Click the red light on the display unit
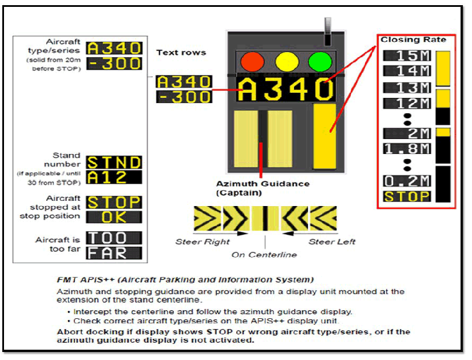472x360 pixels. coord(252,62)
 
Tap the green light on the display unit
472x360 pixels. coord(320,62)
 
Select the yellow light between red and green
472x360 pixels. coord(287,62)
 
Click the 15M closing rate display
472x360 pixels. coord(407,56)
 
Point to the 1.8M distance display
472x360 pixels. coord(407,149)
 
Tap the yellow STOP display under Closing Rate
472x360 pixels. coord(407,196)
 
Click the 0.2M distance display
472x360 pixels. coord(407,181)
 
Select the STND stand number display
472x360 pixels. coord(114,163)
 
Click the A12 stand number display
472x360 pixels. coord(114,177)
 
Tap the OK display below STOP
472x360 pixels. coord(114,217)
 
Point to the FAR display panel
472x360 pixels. coord(114,253)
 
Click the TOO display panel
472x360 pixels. coord(114,238)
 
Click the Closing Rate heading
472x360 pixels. coord(413,39)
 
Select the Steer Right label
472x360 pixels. coord(203,242)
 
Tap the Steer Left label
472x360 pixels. coord(332,242)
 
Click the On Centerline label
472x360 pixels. coord(264,255)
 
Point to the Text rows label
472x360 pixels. coord(181,53)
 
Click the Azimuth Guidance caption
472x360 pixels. coord(263,188)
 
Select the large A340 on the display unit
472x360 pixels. coord(285,89)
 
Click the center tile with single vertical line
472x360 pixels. coord(265,219)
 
